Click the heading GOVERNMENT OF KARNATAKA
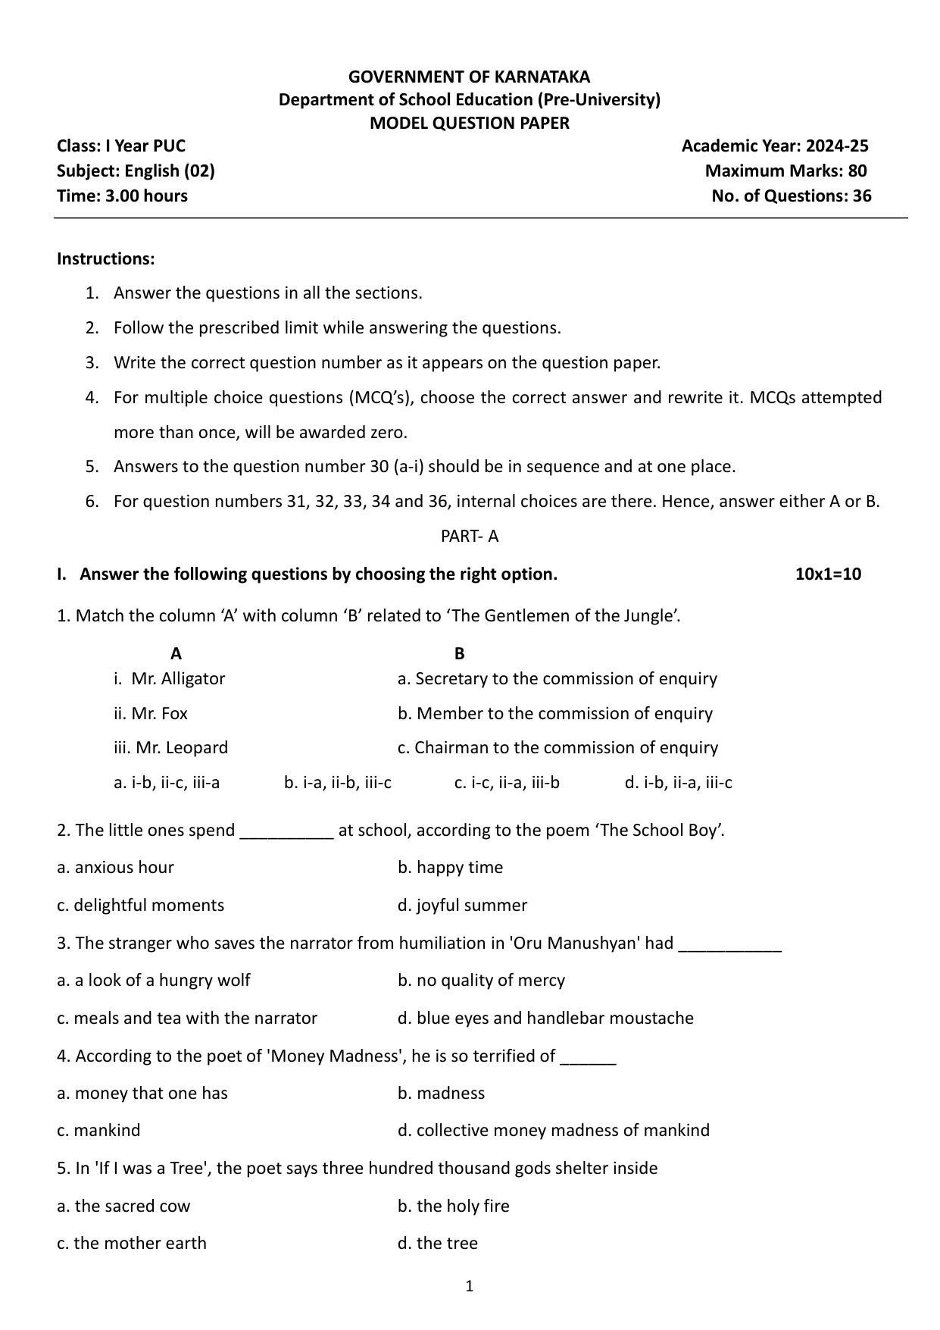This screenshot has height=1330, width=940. click(x=469, y=77)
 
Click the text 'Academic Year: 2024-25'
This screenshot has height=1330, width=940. click(x=774, y=146)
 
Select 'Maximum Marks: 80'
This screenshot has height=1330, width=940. click(x=785, y=171)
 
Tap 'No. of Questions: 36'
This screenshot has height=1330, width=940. click(x=791, y=196)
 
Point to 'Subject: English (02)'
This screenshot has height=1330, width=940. click(x=136, y=171)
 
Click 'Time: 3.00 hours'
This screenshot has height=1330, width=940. click(x=122, y=196)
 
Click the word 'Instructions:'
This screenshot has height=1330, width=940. click(x=105, y=258)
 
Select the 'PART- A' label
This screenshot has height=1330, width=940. click(x=470, y=536)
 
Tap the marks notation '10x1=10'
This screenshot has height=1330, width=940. click(x=828, y=574)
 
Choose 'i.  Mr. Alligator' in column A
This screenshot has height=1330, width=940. click(x=169, y=678)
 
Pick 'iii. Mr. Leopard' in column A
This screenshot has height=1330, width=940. click(x=170, y=747)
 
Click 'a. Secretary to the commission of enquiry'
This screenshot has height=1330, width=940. click(x=557, y=678)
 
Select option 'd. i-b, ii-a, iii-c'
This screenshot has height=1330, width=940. click(x=678, y=782)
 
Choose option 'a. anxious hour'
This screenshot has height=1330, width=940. click(x=115, y=867)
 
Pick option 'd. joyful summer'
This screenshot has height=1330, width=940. click(x=462, y=905)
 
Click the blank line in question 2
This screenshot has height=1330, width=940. click(x=286, y=832)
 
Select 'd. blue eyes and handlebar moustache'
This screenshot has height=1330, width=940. click(x=545, y=1018)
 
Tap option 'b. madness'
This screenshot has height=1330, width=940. click(x=441, y=1093)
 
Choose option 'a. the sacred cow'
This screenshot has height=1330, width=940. click(x=123, y=1206)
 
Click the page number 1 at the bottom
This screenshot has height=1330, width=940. click(x=470, y=1285)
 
